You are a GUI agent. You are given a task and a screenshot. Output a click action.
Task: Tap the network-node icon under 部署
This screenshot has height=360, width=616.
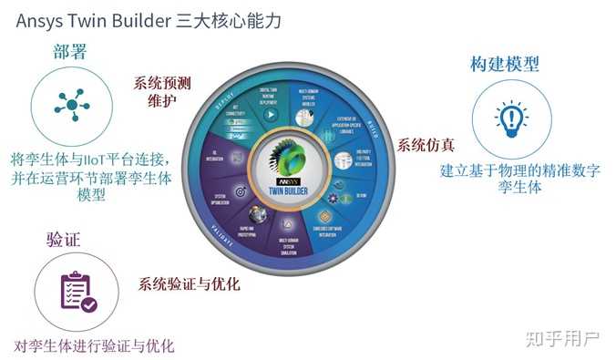coord(72,106)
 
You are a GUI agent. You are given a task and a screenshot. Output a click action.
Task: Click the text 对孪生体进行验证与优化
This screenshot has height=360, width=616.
coord(94,346)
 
